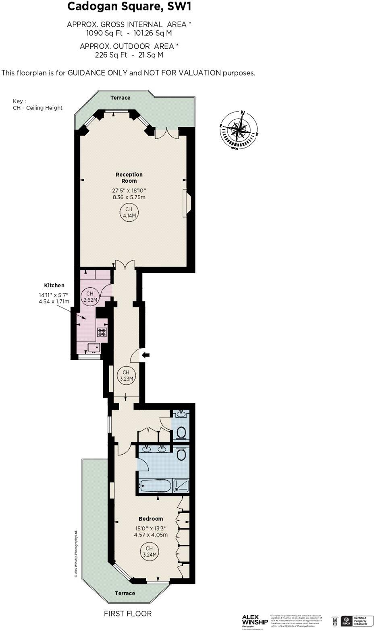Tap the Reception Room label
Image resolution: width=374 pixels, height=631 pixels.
(129, 177)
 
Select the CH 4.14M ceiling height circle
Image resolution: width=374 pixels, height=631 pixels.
(129, 212)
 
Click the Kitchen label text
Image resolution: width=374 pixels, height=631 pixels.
(54, 285)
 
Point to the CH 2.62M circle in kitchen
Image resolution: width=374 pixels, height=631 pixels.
(90, 297)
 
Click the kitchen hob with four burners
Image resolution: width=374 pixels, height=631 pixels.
(102, 332)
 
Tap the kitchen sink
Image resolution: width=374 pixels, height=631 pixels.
(94, 347)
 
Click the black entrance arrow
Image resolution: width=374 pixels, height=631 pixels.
(146, 355)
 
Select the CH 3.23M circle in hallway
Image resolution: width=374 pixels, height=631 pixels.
(126, 375)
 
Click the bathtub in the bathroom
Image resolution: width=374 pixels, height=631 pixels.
(155, 486)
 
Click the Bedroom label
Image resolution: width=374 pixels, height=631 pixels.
(151, 519)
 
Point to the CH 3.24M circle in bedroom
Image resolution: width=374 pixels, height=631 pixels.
(149, 551)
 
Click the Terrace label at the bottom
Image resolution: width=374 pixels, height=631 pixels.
(125, 593)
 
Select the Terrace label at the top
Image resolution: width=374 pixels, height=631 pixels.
(121, 98)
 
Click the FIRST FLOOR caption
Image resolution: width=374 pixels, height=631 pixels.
(128, 614)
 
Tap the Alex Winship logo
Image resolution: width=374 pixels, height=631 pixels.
(255, 620)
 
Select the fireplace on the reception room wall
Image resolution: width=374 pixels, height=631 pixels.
(187, 203)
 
